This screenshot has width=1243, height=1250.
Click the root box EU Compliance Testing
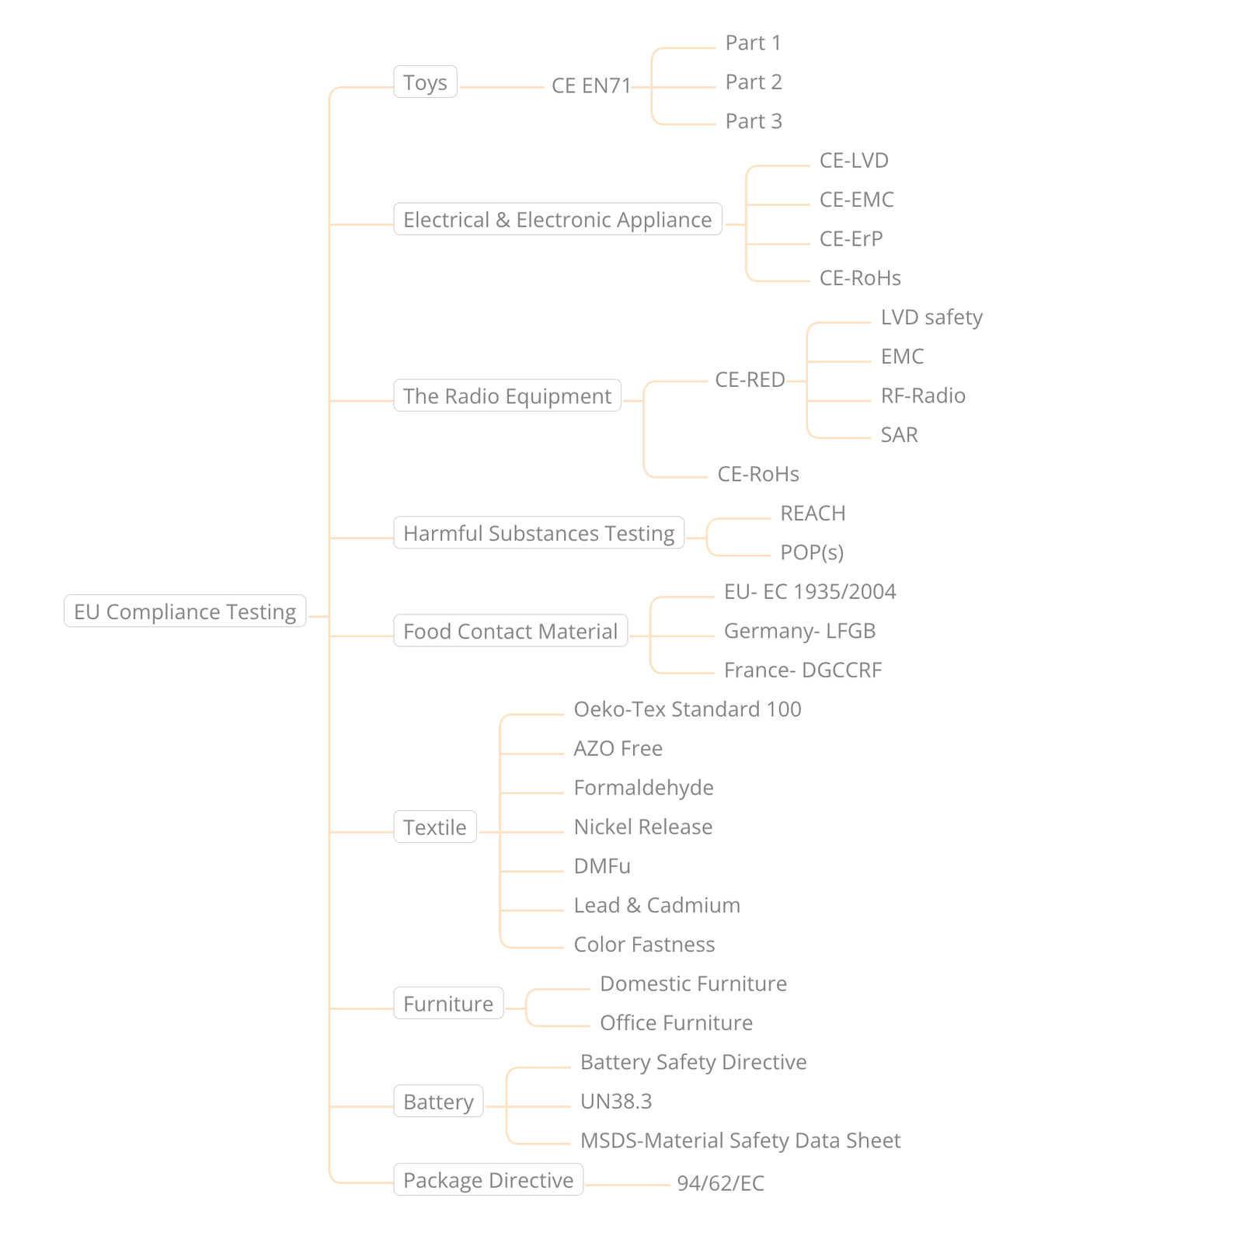pyautogui.click(x=185, y=611)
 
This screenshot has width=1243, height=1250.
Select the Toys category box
pyautogui.click(x=425, y=82)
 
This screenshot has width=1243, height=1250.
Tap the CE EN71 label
pyautogui.click(x=591, y=85)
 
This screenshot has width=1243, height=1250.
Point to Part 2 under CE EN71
pyautogui.click(x=754, y=82)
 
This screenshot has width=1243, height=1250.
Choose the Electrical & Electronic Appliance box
pyautogui.click(x=558, y=219)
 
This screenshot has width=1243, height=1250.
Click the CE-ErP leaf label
pyautogui.click(x=851, y=239)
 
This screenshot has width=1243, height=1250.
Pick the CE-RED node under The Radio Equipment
pyautogui.click(x=750, y=380)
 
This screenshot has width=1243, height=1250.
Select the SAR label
pyautogui.click(x=900, y=434)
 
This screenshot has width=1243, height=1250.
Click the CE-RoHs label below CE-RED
pyautogui.click(x=758, y=474)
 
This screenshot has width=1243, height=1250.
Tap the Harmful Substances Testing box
pyautogui.click(x=539, y=533)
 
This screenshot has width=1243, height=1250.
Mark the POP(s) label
pyautogui.click(x=812, y=552)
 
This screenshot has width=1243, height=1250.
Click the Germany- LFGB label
pyautogui.click(x=800, y=631)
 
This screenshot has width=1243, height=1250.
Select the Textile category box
pyautogui.click(x=435, y=827)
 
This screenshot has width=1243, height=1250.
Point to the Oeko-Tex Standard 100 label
pyautogui.click(x=688, y=709)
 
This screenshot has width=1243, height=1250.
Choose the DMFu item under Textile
pyautogui.click(x=602, y=865)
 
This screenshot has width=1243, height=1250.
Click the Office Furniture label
pyautogui.click(x=677, y=1022)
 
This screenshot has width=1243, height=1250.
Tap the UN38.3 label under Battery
pyautogui.click(x=616, y=1101)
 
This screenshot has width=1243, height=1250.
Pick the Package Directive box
pyautogui.click(x=489, y=1180)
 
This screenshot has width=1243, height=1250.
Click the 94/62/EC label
pyautogui.click(x=721, y=1183)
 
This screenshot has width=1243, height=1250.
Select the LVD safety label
pyautogui.click(x=931, y=317)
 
